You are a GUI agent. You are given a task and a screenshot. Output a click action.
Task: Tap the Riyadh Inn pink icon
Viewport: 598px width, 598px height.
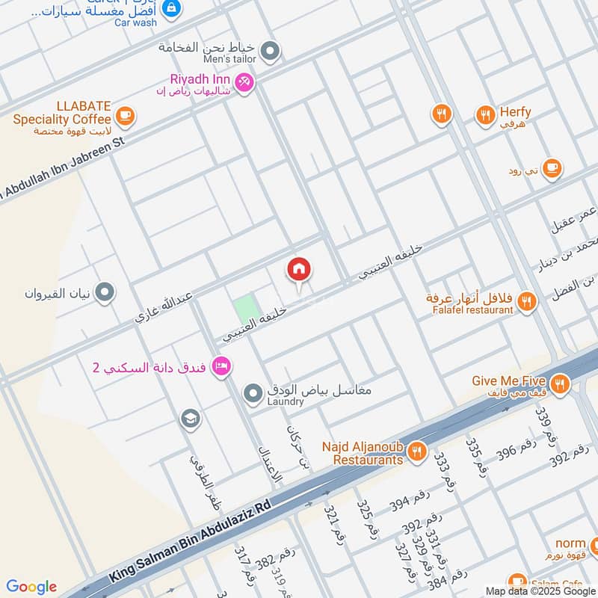point(244,83)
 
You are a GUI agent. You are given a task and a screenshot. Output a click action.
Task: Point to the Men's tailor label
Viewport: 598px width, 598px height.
point(230,59)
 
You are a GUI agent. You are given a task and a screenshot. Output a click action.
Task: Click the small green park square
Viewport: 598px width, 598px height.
point(244,308)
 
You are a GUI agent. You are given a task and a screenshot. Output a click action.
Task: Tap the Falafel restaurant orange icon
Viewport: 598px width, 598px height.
point(527,302)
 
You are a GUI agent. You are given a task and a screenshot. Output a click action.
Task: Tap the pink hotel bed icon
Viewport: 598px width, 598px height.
point(221,366)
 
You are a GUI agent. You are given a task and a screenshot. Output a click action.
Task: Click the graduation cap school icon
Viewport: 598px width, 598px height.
point(191,419)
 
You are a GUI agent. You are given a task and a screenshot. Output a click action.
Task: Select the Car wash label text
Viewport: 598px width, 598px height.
point(136,22)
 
